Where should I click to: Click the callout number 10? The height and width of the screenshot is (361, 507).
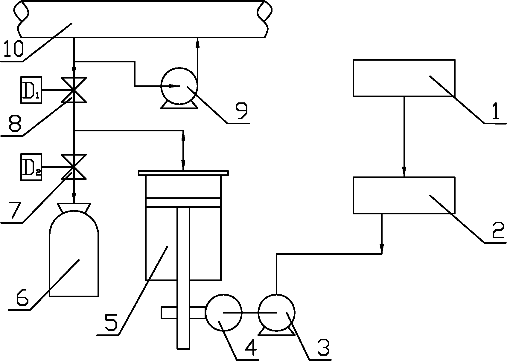[13, 49]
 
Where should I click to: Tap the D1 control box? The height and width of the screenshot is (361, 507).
[31, 90]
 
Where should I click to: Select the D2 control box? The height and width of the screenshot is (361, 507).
[31, 167]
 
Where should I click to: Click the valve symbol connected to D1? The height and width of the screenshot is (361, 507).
[74, 90]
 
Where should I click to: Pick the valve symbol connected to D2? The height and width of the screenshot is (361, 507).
[74, 167]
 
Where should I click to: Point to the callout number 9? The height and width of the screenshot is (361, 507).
[241, 111]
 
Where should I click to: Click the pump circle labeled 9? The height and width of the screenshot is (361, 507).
[179, 86]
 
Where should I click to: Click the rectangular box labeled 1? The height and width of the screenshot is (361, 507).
[404, 78]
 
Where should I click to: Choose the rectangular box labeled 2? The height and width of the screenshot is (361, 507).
[404, 195]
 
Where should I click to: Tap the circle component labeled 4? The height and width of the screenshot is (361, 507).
[224, 313]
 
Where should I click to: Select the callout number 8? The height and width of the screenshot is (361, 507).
[15, 123]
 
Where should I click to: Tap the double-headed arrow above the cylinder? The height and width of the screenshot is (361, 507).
[183, 150]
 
